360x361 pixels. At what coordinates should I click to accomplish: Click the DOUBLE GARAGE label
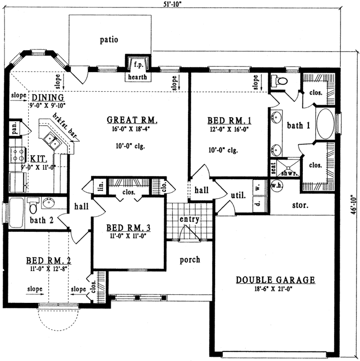(x=275, y=280)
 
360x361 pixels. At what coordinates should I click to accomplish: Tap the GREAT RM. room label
(x=133, y=120)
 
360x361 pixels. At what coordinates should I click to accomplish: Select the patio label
(x=108, y=39)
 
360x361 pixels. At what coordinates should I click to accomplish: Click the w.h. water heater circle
(x=276, y=185)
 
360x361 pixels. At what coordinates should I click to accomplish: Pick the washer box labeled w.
(x=257, y=188)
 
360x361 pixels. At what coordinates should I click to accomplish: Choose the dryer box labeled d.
(x=257, y=204)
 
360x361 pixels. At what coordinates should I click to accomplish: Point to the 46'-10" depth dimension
(x=353, y=204)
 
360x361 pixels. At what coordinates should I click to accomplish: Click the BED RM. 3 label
(x=128, y=228)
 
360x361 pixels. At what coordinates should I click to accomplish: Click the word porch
(x=190, y=259)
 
